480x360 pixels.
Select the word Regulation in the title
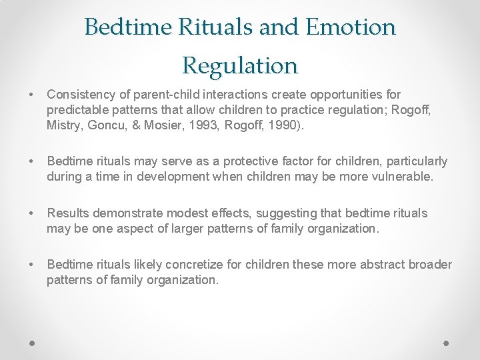pos(240,65)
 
